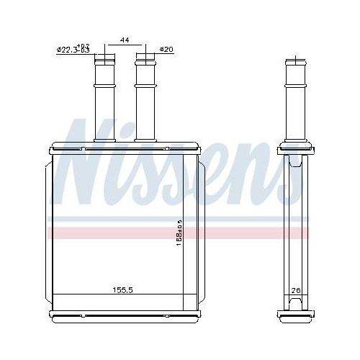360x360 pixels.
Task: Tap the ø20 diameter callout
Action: pyautogui.click(x=166, y=49)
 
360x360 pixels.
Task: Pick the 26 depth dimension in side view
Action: pyautogui.click(x=295, y=290)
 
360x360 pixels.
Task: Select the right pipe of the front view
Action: pyautogui.click(x=145, y=101)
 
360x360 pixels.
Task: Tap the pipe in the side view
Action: pyautogui.click(x=296, y=101)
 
